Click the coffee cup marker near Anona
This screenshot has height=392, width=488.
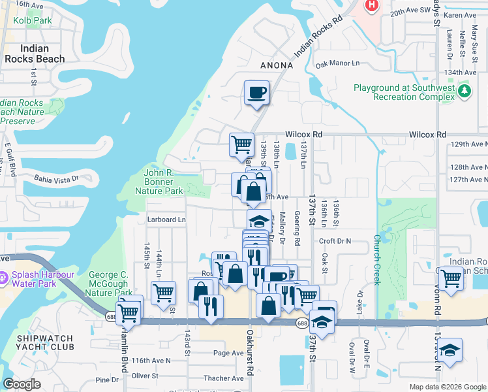click(x=257, y=92)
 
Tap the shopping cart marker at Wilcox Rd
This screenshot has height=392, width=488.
click(x=241, y=144)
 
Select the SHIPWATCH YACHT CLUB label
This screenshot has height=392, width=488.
click(x=37, y=344)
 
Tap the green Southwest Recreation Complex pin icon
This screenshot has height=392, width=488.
click(x=464, y=90)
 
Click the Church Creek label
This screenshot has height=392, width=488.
click(x=376, y=259)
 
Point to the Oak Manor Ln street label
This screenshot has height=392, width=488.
click(x=337, y=64)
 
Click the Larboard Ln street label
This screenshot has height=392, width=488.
click(x=166, y=220)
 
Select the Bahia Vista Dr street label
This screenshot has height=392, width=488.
click(x=56, y=177)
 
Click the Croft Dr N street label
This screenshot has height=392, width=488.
click(x=335, y=240)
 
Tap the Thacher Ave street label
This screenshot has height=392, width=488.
click(x=223, y=378)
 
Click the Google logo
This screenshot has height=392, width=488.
click(x=22, y=384)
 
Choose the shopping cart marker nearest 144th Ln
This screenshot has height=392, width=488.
click(x=163, y=293)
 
